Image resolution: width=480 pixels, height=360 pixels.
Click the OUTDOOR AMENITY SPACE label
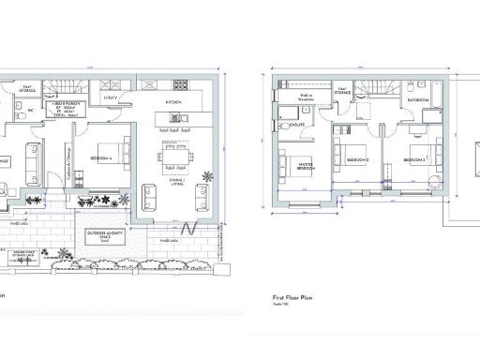(x=107, y=234)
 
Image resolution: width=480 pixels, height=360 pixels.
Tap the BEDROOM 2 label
(x=413, y=160)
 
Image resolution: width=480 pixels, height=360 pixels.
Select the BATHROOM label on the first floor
(x=418, y=98)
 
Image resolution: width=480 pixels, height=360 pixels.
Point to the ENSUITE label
(x=295, y=123)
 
